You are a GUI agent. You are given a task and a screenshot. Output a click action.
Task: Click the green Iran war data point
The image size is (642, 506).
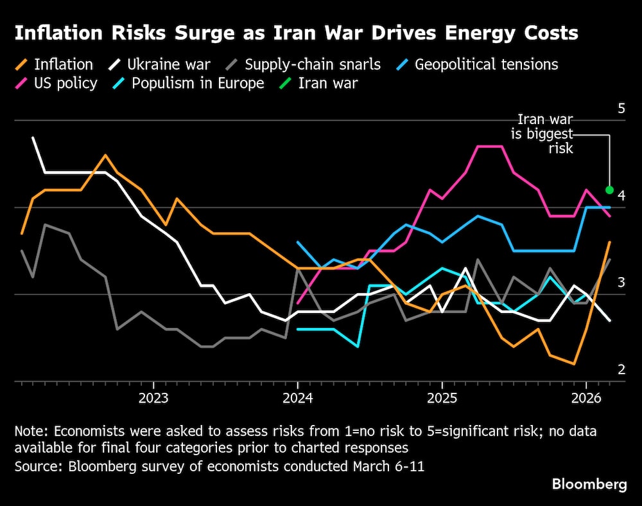click(609, 190)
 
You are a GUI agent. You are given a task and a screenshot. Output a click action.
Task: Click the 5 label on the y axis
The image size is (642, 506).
click(621, 108)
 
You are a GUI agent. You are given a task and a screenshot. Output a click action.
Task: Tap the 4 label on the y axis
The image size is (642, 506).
click(621, 195)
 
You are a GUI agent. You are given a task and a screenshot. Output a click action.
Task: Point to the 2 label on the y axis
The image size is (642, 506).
click(621, 369)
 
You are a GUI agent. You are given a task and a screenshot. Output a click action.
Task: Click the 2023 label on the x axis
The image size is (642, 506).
click(153, 398)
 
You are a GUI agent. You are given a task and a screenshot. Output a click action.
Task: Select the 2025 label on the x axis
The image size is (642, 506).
click(442, 398)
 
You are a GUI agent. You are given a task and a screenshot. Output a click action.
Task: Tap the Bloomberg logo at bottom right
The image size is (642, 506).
click(589, 485)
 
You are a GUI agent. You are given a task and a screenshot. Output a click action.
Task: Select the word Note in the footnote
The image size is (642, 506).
click(30, 431)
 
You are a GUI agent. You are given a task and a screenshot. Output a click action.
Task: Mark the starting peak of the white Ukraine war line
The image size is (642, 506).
click(33, 138)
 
